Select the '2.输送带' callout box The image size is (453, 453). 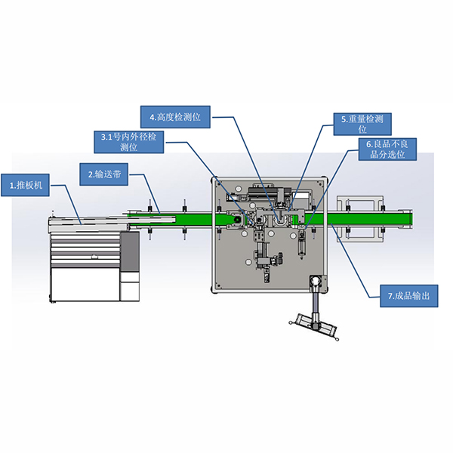[105, 174]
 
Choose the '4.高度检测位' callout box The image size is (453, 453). [177, 117]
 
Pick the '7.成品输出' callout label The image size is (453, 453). [408, 297]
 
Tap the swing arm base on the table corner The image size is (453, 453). [314, 282]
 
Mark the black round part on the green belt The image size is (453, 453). [232, 220]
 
